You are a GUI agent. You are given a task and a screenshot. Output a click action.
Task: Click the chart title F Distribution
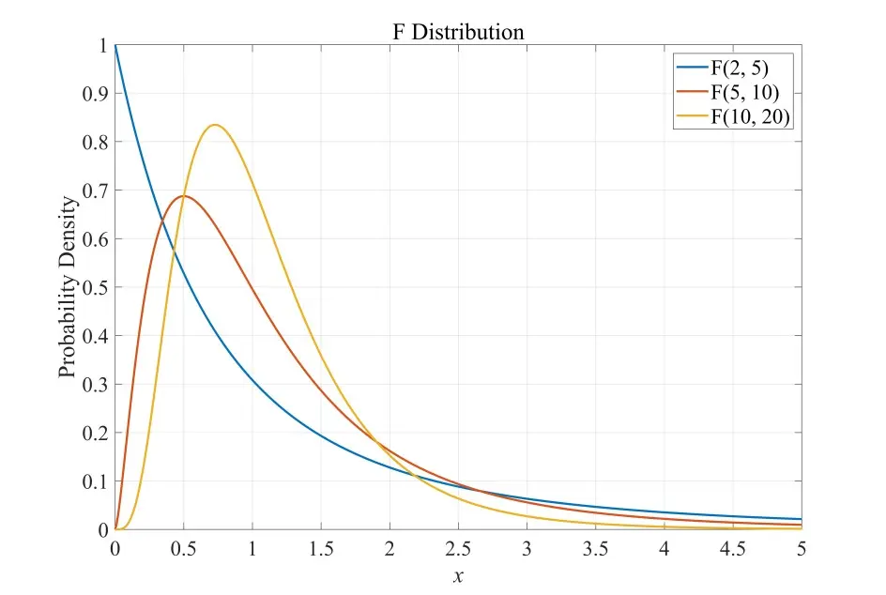point(458,32)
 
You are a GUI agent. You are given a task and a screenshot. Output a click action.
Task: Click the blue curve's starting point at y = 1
point(115,45)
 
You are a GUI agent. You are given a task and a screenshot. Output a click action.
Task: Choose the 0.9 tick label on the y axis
point(95,94)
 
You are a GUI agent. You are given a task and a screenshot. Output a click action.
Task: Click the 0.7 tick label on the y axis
point(95,191)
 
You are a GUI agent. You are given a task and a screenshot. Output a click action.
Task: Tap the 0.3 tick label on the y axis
point(95,385)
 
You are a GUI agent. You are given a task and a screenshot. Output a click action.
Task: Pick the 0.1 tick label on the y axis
point(95,481)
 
